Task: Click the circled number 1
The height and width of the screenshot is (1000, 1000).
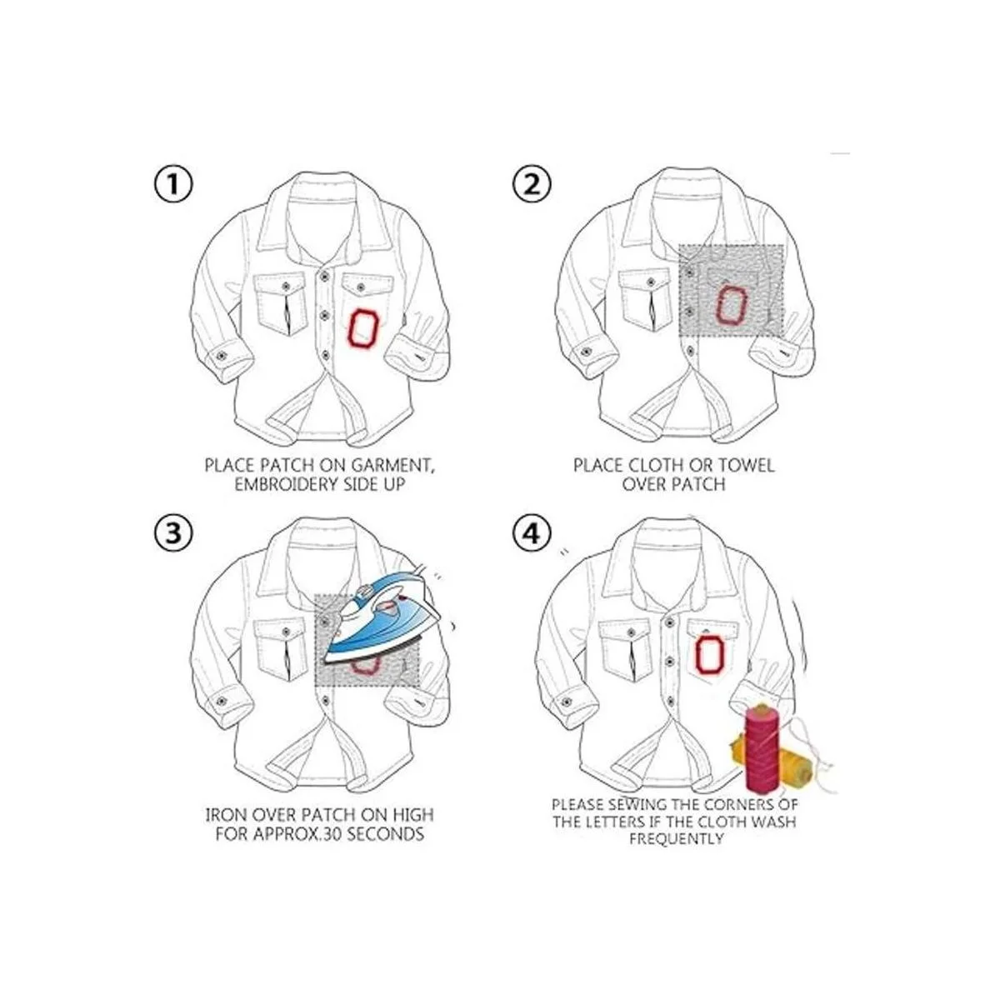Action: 173,185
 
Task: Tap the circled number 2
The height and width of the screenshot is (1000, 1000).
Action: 532,185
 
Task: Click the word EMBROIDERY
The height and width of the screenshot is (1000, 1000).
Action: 286,484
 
